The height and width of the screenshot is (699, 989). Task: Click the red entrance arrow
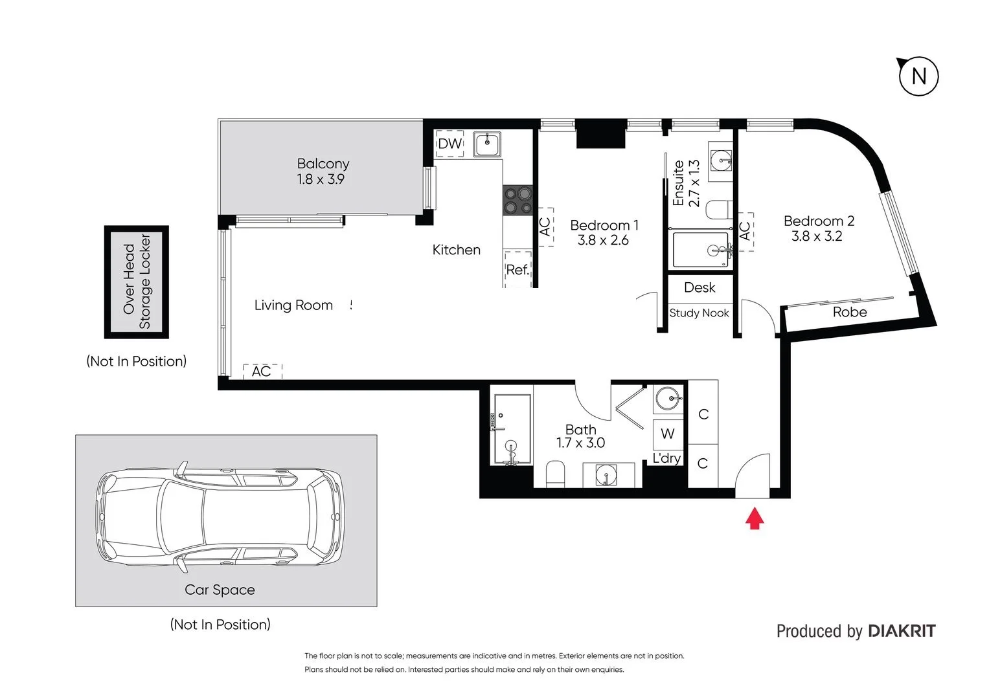[754, 518]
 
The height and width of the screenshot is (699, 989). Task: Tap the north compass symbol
[918, 76]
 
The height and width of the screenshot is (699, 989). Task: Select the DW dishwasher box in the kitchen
[449, 144]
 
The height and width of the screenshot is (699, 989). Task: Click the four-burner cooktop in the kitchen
[517, 200]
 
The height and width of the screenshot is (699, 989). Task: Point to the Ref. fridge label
[517, 269]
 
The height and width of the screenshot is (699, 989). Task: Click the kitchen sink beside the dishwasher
[486, 144]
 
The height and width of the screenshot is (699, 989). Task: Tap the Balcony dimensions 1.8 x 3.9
[321, 179]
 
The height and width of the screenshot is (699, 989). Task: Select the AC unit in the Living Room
[262, 372]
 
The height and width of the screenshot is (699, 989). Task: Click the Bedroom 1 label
[604, 225]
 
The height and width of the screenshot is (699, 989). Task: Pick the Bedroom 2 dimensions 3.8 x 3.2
[817, 236]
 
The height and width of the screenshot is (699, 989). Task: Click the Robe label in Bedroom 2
[849, 312]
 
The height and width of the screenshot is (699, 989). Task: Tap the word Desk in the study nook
[699, 287]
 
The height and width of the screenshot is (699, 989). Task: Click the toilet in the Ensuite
[719, 210]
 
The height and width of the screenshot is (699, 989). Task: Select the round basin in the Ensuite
[720, 159]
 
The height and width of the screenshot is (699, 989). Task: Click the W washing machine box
[668, 434]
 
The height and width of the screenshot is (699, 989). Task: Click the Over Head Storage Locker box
[137, 282]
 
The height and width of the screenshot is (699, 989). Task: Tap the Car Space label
[220, 590]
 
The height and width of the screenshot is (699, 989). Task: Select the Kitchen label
[456, 250]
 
